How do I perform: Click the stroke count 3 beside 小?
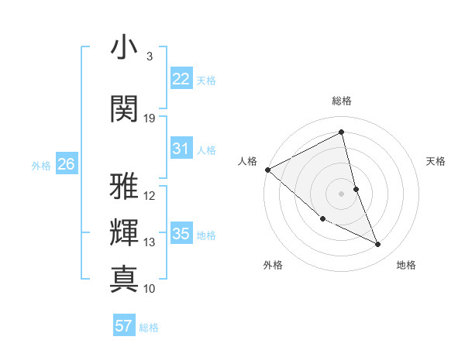[x=150, y=57]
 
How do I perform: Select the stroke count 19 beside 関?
[x=150, y=118]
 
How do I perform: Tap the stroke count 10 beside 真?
[x=150, y=289]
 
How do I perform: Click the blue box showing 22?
[x=181, y=78]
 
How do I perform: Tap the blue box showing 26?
[x=67, y=163]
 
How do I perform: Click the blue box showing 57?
[x=124, y=326]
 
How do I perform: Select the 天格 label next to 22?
[x=206, y=80]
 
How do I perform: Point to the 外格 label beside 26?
[x=41, y=165]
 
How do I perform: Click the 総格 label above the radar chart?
[x=341, y=101]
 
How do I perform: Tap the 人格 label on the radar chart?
[x=247, y=161]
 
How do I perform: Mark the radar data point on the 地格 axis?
[x=378, y=245]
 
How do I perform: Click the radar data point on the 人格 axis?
[x=267, y=170]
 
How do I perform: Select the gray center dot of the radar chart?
[x=341, y=193]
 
